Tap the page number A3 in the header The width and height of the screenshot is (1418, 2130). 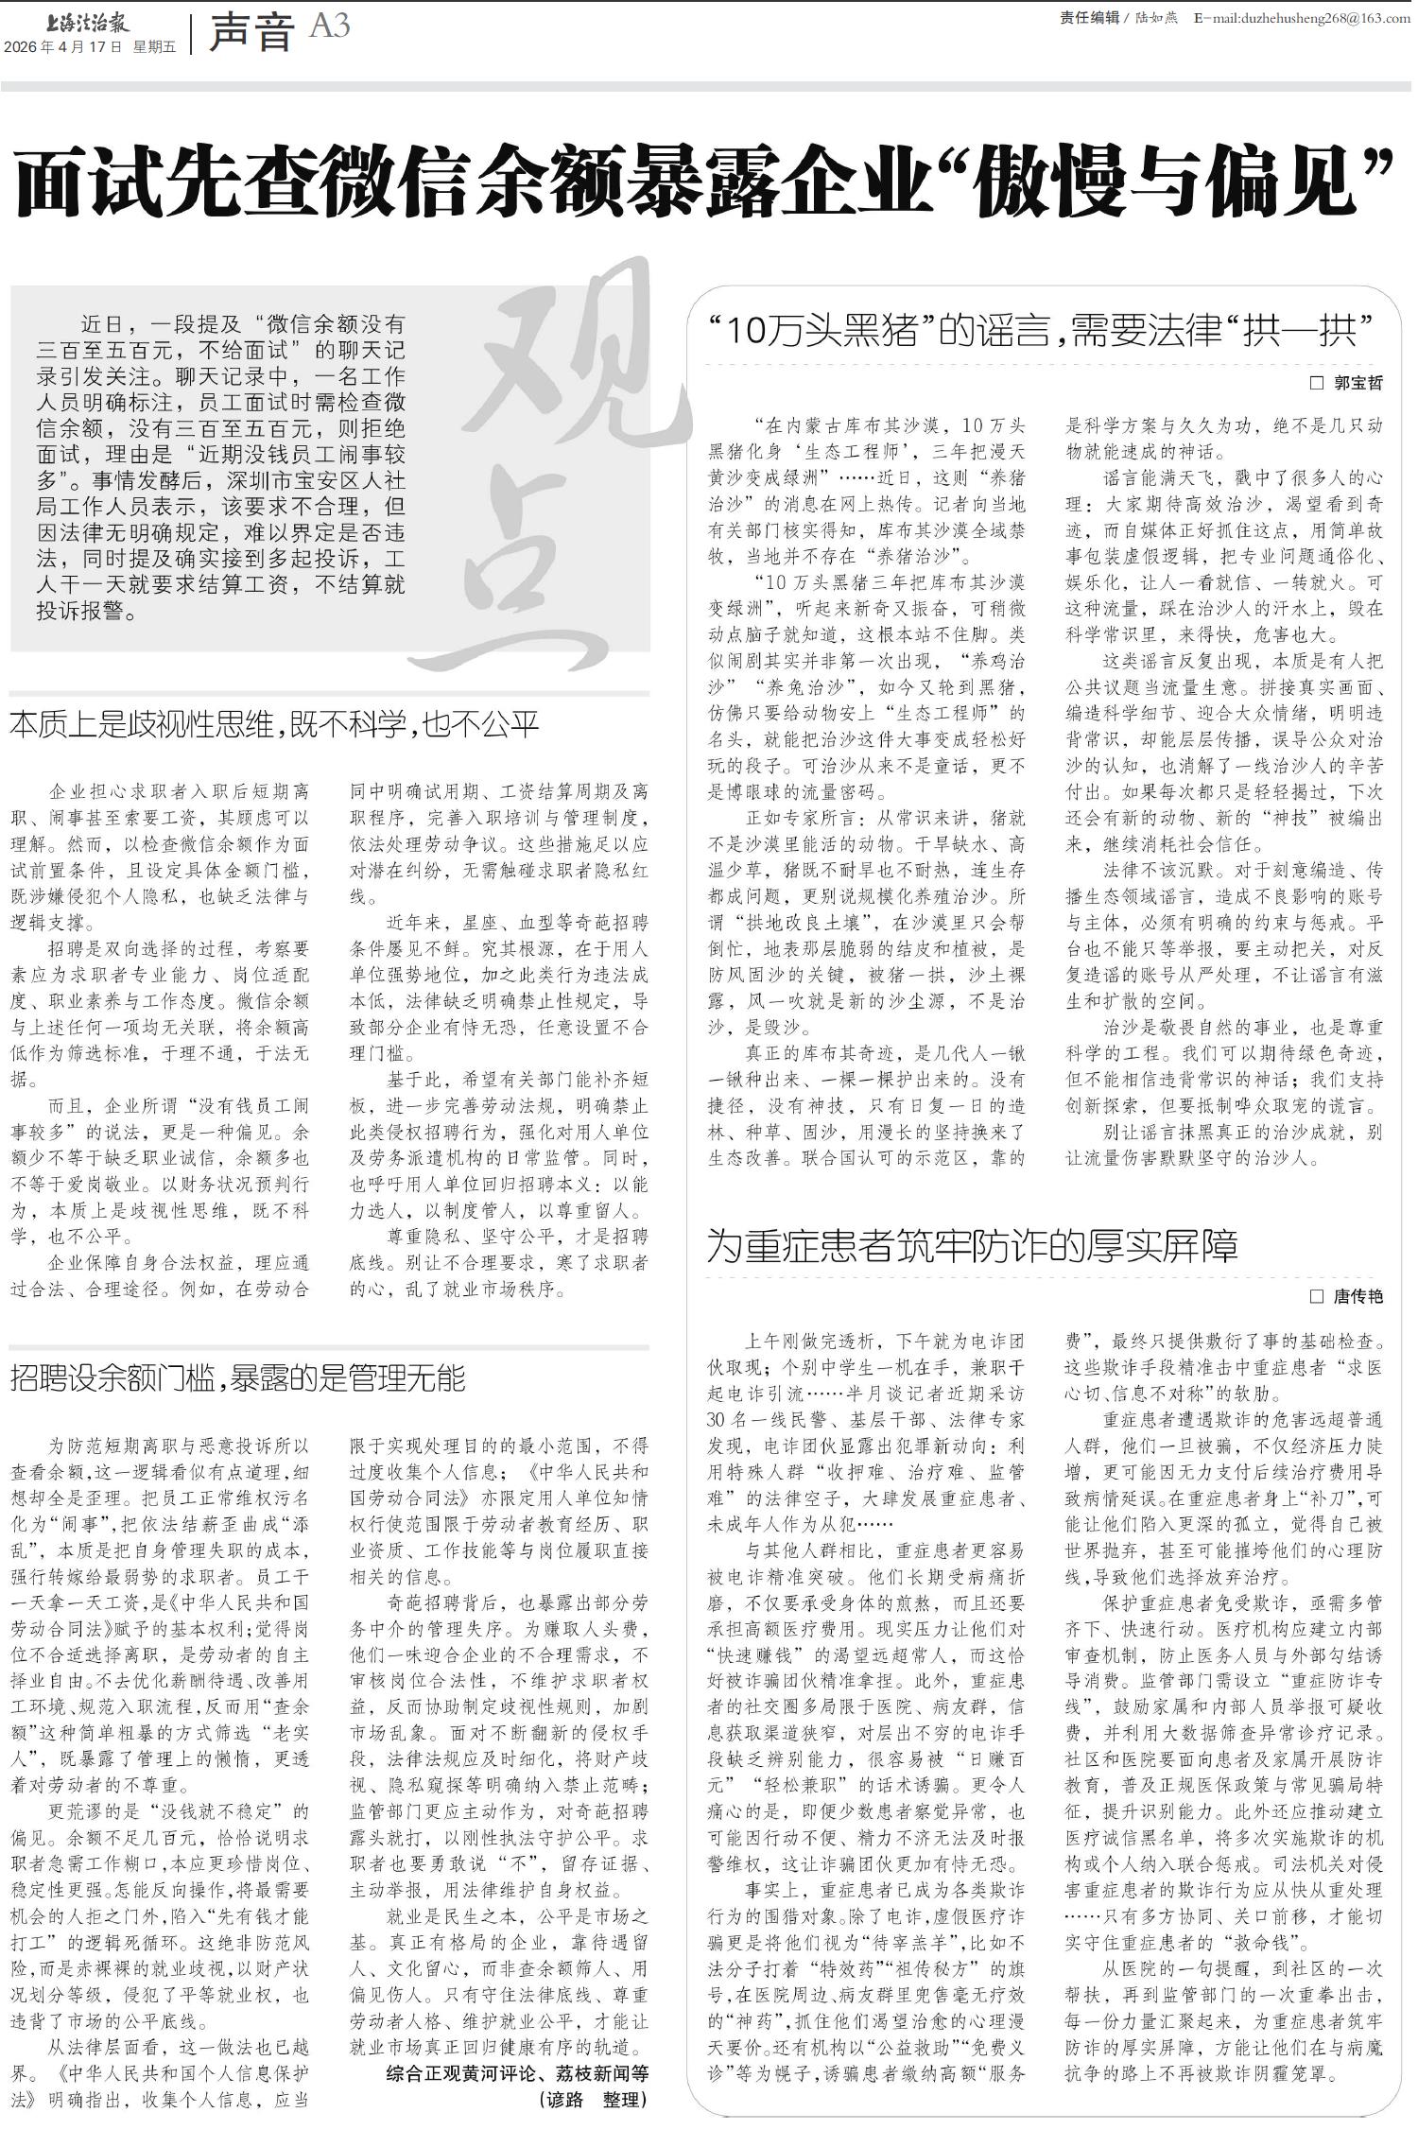(329, 26)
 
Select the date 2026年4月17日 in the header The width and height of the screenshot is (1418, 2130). (63, 47)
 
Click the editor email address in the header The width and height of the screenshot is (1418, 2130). (1301, 18)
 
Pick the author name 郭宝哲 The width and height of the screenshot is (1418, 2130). (1357, 383)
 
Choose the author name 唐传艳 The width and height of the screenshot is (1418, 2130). (1357, 1296)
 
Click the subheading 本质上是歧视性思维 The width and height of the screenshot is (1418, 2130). (274, 724)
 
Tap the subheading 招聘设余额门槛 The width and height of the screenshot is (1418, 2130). (237, 1378)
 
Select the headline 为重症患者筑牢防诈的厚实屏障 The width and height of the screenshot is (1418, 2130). (973, 1246)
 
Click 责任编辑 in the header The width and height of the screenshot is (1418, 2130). (1089, 18)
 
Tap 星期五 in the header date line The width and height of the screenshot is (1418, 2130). (154, 47)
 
